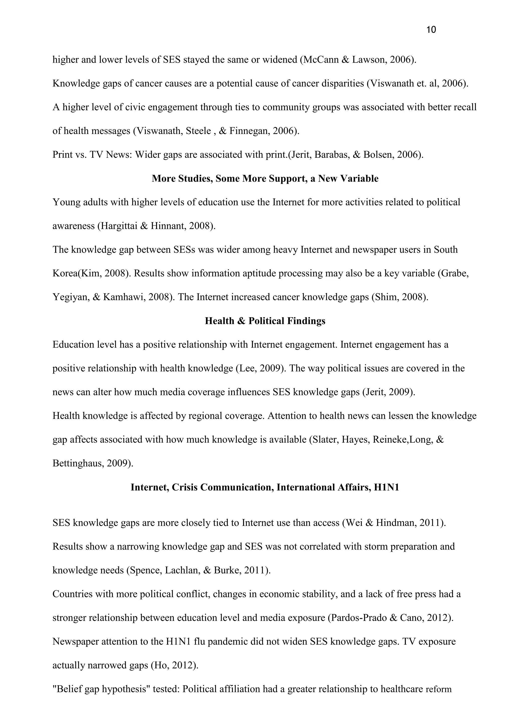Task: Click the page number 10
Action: (431, 30)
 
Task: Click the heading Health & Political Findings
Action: (265, 321)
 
